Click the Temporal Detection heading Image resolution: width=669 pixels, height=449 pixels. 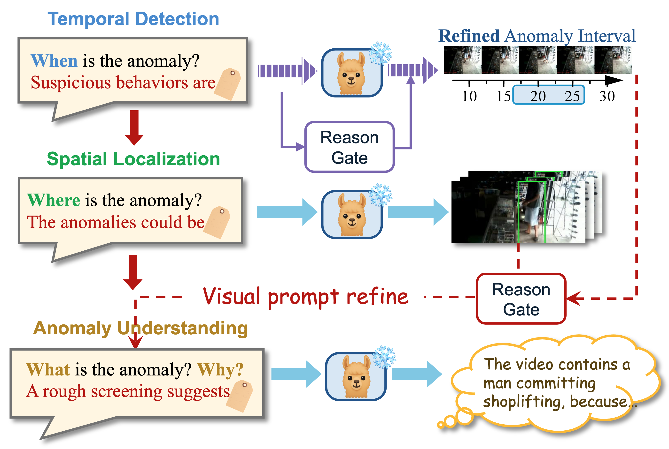coord(133,19)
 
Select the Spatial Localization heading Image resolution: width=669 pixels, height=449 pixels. coord(133,159)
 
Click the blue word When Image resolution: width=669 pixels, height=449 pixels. coord(54,61)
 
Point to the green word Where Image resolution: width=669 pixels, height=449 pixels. coord(54,200)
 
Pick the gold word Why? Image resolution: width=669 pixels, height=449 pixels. coord(220,369)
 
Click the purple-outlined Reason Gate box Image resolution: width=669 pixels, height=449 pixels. coord(350,147)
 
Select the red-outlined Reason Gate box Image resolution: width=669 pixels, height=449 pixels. coord(521,299)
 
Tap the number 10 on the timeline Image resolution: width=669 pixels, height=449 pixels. coord(469,96)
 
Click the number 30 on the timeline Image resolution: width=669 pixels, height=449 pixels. coord(607,96)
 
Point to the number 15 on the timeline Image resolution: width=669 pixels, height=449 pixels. coord(504,96)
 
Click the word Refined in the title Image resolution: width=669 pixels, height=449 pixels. coord(469,36)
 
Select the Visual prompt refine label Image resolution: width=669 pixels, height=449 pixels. coord(305,297)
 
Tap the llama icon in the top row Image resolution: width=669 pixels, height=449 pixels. coord(351,73)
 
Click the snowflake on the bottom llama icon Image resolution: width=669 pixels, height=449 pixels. coord(384,357)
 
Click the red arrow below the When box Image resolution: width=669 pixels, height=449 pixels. coord(134,127)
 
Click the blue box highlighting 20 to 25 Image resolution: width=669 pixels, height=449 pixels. coord(548,95)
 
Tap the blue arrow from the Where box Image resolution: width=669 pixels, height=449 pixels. coord(287,212)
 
